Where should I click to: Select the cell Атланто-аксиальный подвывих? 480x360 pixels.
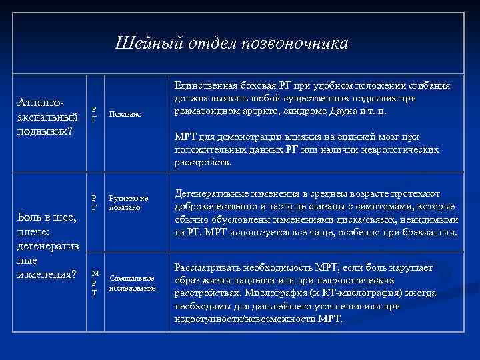(49, 117)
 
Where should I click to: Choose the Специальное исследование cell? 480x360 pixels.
(132, 283)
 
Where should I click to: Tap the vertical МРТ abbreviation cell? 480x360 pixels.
(95, 283)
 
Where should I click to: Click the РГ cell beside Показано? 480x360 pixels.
(94, 114)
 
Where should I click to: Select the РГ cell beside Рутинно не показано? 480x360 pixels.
(94, 203)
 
